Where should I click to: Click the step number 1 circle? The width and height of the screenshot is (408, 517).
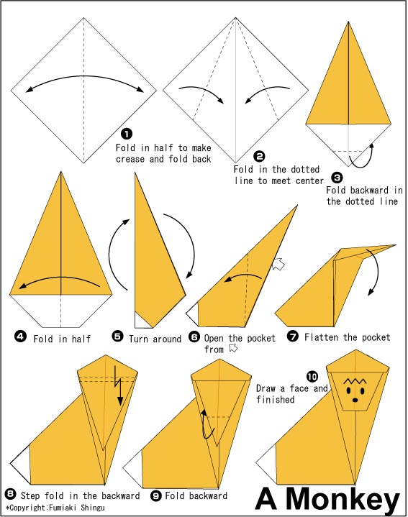pyautogui.click(x=127, y=134)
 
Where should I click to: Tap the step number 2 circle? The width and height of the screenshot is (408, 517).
pyautogui.click(x=260, y=156)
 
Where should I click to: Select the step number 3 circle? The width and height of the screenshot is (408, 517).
pyautogui.click(x=337, y=178)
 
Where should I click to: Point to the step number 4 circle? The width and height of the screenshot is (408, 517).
pyautogui.click(x=20, y=337)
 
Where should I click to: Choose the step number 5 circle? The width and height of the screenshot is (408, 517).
pyautogui.click(x=117, y=337)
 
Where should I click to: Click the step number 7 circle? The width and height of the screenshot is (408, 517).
pyautogui.click(x=293, y=336)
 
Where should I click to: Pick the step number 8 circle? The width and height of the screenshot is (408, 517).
pyautogui.click(x=11, y=494)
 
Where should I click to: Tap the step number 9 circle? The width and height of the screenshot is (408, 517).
pyautogui.click(x=155, y=495)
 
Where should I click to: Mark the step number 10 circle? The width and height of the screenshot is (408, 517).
pyautogui.click(x=312, y=376)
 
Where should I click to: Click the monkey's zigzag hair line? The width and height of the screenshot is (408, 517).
pyautogui.click(x=355, y=381)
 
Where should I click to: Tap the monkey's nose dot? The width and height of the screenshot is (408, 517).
pyautogui.click(x=355, y=400)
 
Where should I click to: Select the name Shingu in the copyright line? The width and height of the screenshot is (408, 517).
pyautogui.click(x=93, y=508)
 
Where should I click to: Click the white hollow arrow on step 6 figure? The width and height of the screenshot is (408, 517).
pyautogui.click(x=278, y=264)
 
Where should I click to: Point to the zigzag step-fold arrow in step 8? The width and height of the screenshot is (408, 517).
pyautogui.click(x=118, y=385)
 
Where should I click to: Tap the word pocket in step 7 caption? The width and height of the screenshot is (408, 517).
pyautogui.click(x=376, y=337)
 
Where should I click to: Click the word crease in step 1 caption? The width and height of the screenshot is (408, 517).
pyautogui.click(x=130, y=159)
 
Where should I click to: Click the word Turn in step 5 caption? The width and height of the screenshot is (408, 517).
pyautogui.click(x=138, y=339)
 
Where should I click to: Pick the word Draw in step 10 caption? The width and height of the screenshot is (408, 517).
pyautogui.click(x=266, y=388)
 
